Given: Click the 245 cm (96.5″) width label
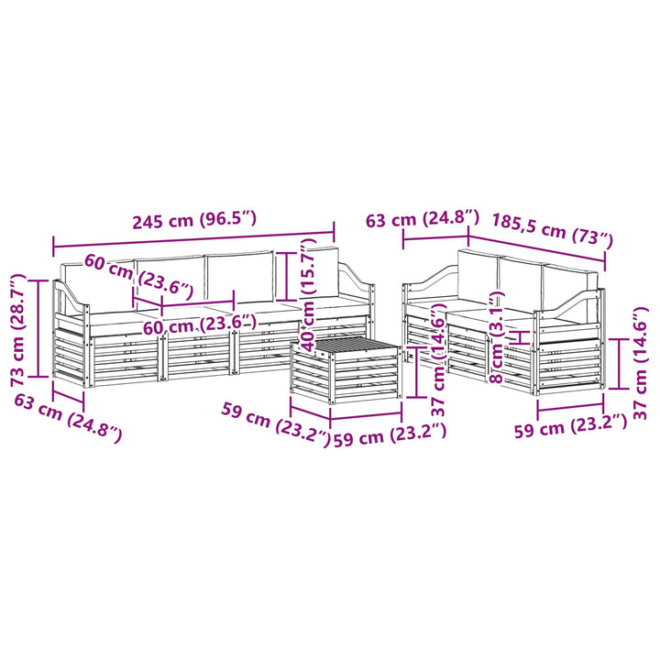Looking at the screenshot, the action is (194, 220).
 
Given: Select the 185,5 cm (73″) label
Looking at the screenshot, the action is (552, 231).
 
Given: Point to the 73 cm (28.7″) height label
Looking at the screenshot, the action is (19, 330).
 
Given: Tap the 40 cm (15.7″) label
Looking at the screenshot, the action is (309, 294).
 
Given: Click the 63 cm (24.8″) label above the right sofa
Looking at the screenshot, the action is (423, 219).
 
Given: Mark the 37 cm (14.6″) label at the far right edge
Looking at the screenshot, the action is (640, 363).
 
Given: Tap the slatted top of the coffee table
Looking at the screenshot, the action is (348, 346).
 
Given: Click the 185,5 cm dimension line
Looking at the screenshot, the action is (536, 248).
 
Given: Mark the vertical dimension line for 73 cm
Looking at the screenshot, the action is (38, 328).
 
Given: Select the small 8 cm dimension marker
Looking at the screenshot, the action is (521, 337).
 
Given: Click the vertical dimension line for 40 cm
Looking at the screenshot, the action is (287, 275).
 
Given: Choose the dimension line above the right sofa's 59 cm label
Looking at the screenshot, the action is (571, 407).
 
